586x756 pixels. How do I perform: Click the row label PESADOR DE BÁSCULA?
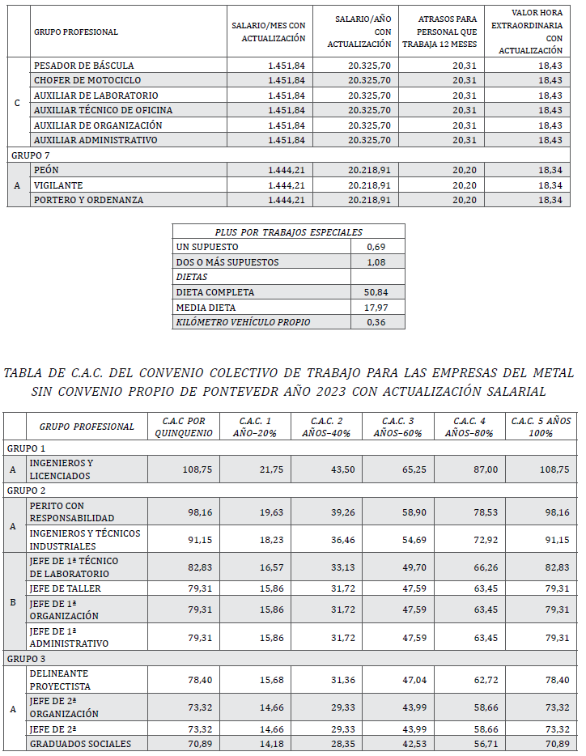[x=83, y=65]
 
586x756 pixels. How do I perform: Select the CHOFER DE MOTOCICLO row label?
[x=87, y=80]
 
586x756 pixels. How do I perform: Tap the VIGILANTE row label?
[x=58, y=185]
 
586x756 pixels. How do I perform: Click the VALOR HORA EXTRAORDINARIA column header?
[x=530, y=32]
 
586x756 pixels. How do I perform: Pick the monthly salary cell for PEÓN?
[x=286, y=170]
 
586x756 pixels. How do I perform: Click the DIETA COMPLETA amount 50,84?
[x=376, y=292]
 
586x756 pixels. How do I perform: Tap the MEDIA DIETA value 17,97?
[x=376, y=308]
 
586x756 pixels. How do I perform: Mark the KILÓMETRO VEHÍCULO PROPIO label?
[x=243, y=322]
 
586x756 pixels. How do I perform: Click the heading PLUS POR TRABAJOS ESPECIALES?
[x=289, y=231]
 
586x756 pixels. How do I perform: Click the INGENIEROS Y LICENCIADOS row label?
[x=62, y=469]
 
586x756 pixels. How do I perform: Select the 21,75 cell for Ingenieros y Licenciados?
[x=257, y=469]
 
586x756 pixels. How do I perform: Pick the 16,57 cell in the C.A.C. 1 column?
[x=257, y=567]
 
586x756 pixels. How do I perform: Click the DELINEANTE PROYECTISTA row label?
[x=59, y=680]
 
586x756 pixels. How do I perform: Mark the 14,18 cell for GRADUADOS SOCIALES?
[x=257, y=744]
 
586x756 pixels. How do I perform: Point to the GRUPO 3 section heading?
[x=27, y=659]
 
